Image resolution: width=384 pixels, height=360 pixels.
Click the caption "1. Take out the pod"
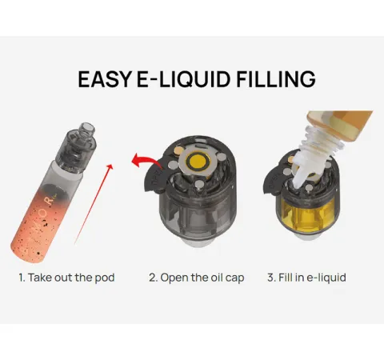point(66,278)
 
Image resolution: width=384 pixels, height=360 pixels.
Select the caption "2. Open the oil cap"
point(196,278)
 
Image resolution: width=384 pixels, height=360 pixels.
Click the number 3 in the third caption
point(271,278)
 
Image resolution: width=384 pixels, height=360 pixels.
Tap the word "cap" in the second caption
point(234,278)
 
